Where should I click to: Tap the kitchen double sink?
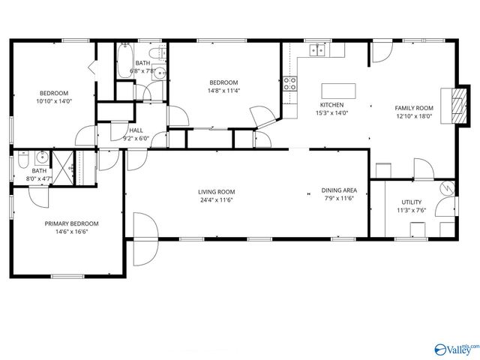(318, 50)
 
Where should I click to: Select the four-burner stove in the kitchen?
(289, 82)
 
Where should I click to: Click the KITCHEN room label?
(332, 105)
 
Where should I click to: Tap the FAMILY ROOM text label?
(414, 108)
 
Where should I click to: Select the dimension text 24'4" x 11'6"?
(217, 199)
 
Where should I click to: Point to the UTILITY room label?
(411, 202)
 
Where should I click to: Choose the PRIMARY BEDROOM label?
(71, 223)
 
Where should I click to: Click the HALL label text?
(136, 130)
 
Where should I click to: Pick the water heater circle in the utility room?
(447, 189)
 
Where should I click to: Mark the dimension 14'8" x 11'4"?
(223, 91)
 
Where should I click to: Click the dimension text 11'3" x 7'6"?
(411, 211)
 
